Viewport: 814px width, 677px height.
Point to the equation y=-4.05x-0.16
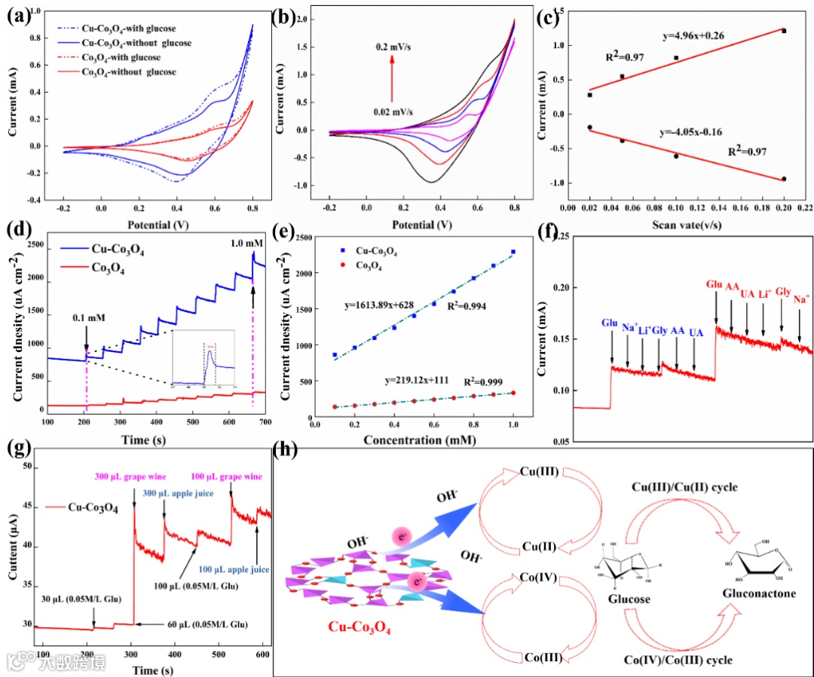(x=680, y=132)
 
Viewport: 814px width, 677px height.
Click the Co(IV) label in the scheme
(x=539, y=577)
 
